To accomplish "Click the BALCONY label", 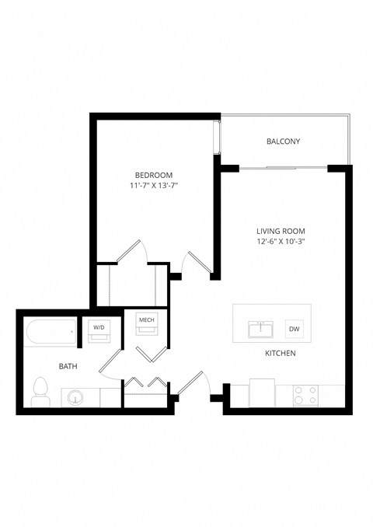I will (x=283, y=141).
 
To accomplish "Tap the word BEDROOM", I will (x=153, y=175).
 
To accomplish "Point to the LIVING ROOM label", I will (x=281, y=231).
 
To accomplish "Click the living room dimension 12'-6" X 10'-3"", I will (x=281, y=242).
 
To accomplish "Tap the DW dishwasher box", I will (x=294, y=329).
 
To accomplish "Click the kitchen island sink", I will (x=260, y=330).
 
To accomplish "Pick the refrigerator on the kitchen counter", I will (x=261, y=393).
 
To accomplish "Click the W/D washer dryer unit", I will (x=99, y=330).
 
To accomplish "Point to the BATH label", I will (x=68, y=365).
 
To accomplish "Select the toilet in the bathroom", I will (x=41, y=392).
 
